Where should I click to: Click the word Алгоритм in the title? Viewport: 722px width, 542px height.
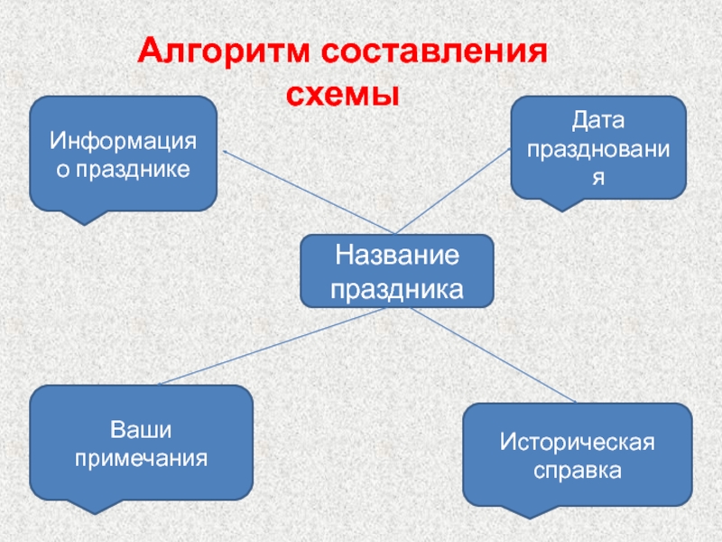[214, 51]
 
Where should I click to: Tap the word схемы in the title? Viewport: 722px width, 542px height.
[342, 92]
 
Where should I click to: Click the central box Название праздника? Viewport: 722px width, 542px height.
[396, 271]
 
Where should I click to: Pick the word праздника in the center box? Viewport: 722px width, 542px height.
[396, 289]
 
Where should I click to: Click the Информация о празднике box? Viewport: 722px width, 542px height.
[124, 153]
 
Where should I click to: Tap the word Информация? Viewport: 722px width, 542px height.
[124, 142]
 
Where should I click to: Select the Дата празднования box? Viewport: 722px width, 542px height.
[597, 147]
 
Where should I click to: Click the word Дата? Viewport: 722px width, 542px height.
[597, 120]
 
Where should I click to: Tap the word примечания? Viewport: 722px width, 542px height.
[141, 457]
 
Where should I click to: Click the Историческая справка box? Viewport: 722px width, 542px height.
[577, 454]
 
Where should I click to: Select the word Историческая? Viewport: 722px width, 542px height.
[577, 442]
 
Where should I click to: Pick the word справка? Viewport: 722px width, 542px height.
[577, 471]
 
